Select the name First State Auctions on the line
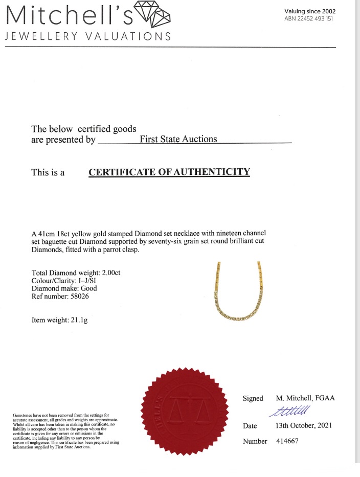coord(178,139)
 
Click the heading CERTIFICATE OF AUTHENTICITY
coord(169,172)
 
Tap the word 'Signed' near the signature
coord(253,398)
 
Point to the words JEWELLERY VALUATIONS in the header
coord(88,36)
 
